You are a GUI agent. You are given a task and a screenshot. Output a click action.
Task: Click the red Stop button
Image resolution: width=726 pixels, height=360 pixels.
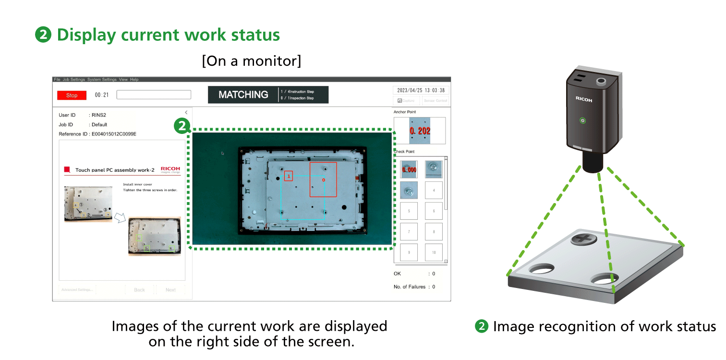(x=72, y=95)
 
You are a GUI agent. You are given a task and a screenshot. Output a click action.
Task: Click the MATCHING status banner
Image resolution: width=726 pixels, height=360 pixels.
(x=243, y=95)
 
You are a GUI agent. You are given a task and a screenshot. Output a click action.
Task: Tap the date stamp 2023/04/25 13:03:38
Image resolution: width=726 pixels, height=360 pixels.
(x=421, y=90)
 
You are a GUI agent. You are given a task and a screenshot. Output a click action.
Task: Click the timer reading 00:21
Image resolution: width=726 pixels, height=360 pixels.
(x=102, y=95)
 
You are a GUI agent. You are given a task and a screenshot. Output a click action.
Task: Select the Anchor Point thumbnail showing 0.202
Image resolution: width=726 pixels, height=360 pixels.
(x=420, y=131)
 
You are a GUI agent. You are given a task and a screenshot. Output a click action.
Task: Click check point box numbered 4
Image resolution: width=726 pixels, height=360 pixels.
(x=434, y=190)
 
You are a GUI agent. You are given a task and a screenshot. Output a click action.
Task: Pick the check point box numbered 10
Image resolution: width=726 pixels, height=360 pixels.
(x=434, y=252)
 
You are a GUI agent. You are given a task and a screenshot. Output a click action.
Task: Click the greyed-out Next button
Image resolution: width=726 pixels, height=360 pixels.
(x=170, y=290)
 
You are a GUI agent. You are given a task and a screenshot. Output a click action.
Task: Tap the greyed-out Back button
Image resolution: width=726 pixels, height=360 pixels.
(x=139, y=290)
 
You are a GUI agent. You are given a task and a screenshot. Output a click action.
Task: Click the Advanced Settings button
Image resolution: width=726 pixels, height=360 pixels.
(x=77, y=290)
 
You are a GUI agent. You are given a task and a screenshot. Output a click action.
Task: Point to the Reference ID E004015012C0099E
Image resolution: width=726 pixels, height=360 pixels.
(x=97, y=134)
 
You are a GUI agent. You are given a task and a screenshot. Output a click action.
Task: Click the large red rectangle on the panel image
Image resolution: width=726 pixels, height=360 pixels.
(x=323, y=180)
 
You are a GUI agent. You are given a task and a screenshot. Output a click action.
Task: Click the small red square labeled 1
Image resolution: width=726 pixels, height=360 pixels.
(x=288, y=176)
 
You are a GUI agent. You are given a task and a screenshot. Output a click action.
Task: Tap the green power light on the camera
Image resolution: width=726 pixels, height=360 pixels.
(x=583, y=120)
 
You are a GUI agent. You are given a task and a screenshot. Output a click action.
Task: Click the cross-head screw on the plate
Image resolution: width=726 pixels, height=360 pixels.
(x=583, y=239)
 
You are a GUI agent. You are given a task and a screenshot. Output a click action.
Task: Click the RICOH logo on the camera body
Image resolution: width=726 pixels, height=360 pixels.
(x=584, y=99)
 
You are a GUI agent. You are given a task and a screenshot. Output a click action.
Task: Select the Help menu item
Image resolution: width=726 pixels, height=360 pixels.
(x=134, y=79)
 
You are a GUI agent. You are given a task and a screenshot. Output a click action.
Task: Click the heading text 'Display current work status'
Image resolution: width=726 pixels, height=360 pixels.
(x=168, y=35)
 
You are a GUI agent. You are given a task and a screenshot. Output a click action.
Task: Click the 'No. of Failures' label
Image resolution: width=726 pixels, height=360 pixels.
(x=410, y=287)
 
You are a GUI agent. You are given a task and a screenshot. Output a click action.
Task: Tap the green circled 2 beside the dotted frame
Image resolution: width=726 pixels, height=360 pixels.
(x=181, y=126)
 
